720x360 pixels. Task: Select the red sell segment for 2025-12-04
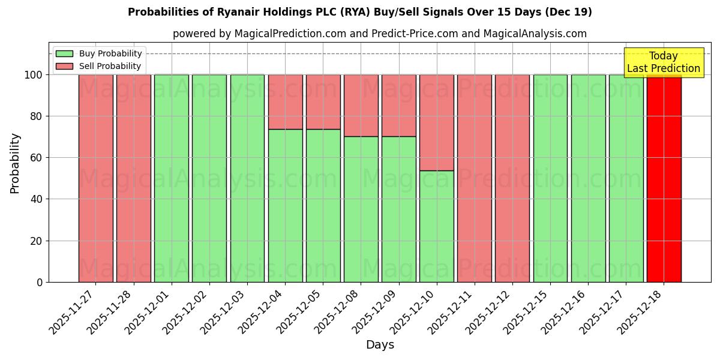pos(285,101)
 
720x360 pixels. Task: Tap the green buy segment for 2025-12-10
pos(436,226)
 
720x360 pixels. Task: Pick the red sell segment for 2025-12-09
pos(398,105)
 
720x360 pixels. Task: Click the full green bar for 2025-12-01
pos(171,178)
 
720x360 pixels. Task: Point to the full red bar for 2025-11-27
pos(95,178)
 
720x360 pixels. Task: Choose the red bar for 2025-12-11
pos(474,178)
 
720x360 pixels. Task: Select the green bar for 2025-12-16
pos(588,178)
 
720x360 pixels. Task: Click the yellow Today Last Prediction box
pos(663,62)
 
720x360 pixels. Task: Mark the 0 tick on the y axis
pos(40,282)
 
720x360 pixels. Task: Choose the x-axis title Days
pos(380,345)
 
